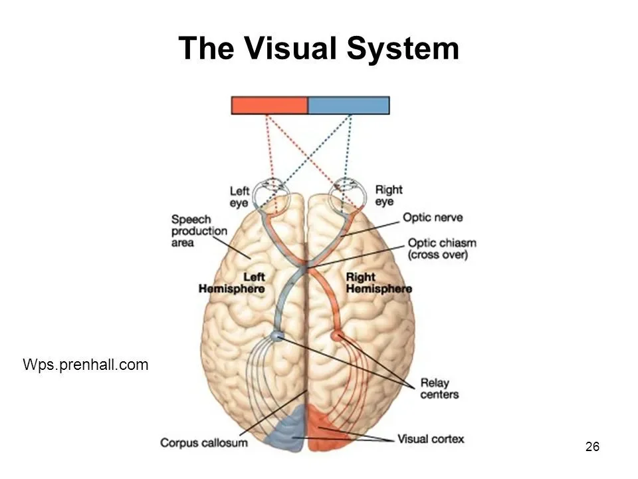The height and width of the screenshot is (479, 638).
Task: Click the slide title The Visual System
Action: click(319, 48)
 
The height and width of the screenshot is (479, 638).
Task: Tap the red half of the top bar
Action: click(270, 105)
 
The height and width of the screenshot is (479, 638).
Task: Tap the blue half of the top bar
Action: click(349, 105)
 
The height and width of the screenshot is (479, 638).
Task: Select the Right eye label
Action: click(389, 196)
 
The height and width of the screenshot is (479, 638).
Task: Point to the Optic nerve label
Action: click(433, 218)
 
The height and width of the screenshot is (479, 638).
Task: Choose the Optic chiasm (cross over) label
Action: click(442, 249)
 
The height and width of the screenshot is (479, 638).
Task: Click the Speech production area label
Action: click(199, 230)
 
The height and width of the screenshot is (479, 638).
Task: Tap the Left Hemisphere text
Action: click(231, 283)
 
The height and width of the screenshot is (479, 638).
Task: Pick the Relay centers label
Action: click(439, 389)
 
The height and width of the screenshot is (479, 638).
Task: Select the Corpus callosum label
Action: click(204, 442)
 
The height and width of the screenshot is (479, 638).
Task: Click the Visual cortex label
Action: click(431, 439)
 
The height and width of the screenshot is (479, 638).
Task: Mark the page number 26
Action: click(593, 446)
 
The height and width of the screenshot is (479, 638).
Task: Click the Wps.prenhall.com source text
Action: click(86, 364)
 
